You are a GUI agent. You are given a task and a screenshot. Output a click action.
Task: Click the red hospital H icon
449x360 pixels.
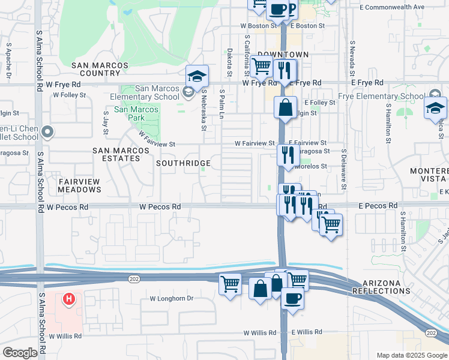[70, 298]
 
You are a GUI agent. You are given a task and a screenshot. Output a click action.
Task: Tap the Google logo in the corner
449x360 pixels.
[20, 353]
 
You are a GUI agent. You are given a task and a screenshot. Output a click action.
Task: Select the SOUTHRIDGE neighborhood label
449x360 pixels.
[183, 163]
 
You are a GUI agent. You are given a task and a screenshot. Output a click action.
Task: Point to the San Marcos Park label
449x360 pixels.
[137, 109]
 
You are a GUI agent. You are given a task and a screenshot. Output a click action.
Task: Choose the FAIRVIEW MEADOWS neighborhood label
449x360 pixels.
[79, 185]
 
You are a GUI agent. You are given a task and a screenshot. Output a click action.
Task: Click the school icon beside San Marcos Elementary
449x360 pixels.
[196, 76]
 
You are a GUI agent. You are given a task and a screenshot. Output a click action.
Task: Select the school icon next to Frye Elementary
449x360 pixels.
[436, 108]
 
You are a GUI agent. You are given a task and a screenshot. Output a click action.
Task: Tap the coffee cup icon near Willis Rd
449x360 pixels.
[292, 298]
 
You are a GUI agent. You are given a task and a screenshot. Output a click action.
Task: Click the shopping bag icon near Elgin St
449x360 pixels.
[286, 108]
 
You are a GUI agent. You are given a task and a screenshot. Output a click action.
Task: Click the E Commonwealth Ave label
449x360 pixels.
[392, 7]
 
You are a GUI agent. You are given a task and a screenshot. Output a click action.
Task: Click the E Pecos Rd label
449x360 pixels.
[379, 206]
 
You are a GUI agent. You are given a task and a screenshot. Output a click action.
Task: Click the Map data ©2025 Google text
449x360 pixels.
[412, 355]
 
